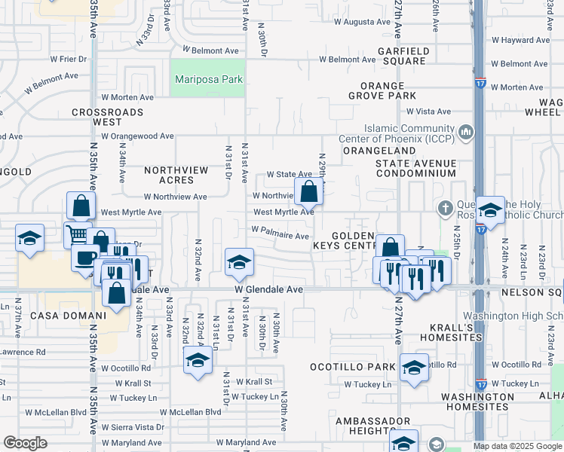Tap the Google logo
[x=25, y=443]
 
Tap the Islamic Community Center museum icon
[x=465, y=133]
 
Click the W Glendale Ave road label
[x=268, y=289]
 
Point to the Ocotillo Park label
[x=353, y=367]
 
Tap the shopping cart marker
[x=78, y=234]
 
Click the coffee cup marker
[x=85, y=258]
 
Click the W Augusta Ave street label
[x=357, y=23]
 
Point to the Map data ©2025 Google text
[x=518, y=446]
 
